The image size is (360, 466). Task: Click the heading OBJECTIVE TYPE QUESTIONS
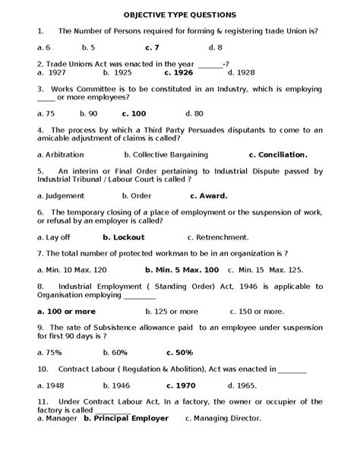click(x=180, y=14)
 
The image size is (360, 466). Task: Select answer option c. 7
click(x=174, y=47)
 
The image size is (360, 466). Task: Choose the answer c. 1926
click(x=178, y=73)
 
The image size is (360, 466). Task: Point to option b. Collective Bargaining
click(x=155, y=154)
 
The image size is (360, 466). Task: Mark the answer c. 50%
click(x=178, y=352)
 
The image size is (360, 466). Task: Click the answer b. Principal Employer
click(x=125, y=417)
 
